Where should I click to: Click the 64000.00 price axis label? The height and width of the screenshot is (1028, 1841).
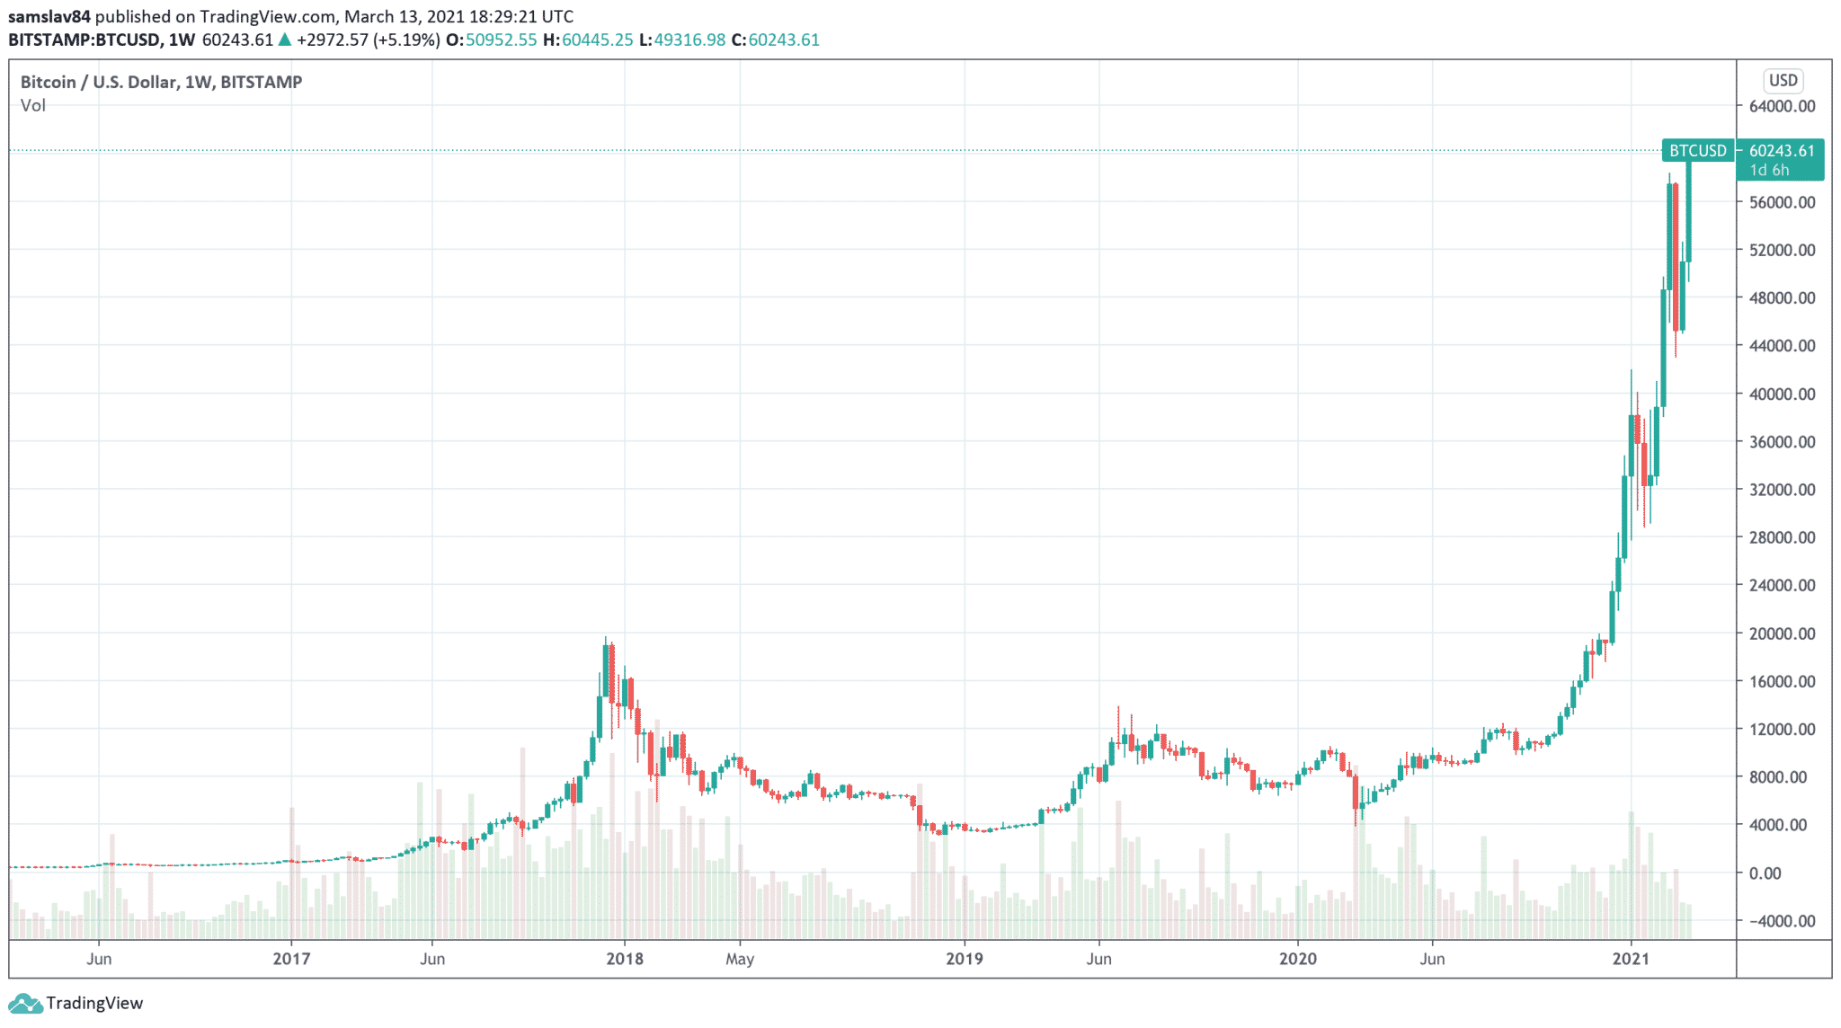[1782, 106]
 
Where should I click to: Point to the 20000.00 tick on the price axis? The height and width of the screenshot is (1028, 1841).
[1782, 634]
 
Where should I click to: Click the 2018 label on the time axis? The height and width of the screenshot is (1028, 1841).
[625, 959]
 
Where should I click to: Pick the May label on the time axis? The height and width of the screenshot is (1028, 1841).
[740, 959]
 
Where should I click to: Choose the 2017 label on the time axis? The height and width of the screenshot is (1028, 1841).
[291, 959]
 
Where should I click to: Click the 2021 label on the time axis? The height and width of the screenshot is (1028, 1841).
[1631, 959]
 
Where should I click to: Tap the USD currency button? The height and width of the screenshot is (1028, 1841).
[1783, 81]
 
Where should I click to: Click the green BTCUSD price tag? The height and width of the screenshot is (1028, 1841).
[1698, 151]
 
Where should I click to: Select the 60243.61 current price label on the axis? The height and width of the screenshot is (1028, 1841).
[1782, 151]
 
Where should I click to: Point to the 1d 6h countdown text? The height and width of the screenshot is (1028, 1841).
[1769, 170]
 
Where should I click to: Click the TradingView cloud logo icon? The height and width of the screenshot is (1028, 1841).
[24, 1004]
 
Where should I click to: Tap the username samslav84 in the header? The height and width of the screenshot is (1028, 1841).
[49, 16]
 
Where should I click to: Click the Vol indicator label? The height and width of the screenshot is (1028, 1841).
[33, 105]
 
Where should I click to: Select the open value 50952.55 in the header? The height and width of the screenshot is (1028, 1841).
[501, 40]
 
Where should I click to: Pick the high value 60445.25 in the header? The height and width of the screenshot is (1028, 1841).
[598, 40]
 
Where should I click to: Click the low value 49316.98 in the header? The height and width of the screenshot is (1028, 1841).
[689, 40]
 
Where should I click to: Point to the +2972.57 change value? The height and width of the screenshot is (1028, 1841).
[333, 40]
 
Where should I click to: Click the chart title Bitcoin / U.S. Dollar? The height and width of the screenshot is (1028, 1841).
[98, 82]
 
